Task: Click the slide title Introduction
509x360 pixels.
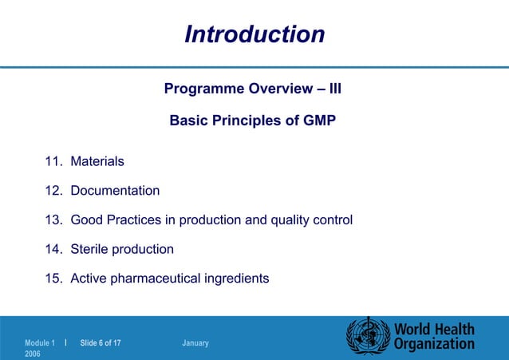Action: point(254,34)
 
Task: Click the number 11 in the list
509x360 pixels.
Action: point(53,161)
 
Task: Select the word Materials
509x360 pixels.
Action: point(97,161)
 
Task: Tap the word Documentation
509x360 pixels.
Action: point(115,191)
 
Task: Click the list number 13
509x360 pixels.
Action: point(53,220)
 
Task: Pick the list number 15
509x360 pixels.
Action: point(53,279)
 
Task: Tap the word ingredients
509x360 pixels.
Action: point(235,279)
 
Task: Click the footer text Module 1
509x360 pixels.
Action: point(40,343)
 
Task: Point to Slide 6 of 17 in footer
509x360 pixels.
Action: point(101,343)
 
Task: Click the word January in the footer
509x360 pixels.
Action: point(195,343)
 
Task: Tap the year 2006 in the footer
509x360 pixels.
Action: point(32,353)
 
